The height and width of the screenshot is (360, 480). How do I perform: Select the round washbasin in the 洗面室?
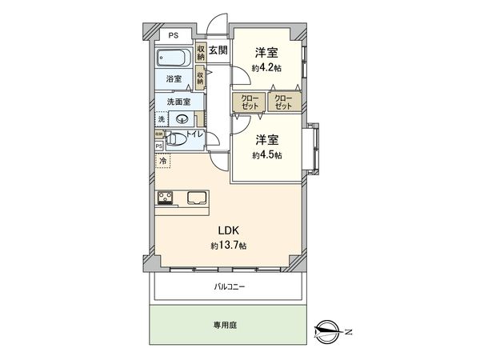coord(178,119)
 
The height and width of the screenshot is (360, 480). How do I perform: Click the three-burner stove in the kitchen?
coord(168,198)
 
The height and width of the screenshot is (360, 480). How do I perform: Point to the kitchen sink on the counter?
coord(196,198)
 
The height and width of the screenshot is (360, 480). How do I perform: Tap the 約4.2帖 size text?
coord(266,69)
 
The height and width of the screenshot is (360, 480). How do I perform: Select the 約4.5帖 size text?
coord(266,154)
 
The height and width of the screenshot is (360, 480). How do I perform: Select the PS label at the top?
coord(173,34)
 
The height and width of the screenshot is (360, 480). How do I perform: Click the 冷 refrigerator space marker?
coord(164,162)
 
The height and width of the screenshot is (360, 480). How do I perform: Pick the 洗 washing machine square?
coord(162,119)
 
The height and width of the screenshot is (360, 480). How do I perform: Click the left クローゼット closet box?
coord(244,102)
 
